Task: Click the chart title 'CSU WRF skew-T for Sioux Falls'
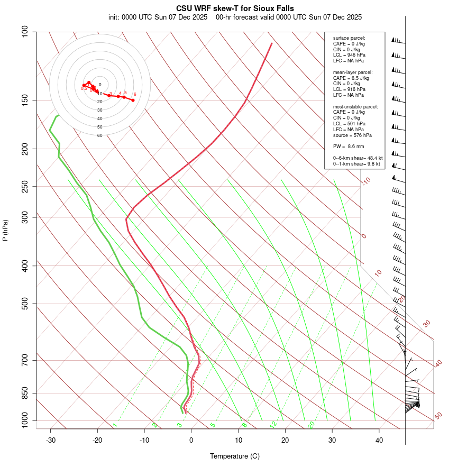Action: coord(235,8)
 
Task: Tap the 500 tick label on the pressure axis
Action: coord(25,304)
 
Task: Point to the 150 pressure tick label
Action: coord(25,100)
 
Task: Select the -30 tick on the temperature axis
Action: coord(51,440)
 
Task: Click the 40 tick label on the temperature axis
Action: coord(379,440)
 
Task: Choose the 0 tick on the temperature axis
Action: coord(191,440)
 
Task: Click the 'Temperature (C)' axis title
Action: coord(235,456)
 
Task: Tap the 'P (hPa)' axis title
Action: coord(5,230)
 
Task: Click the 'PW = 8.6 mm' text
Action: coord(349,146)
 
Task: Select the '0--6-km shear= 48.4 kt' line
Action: coord(358,158)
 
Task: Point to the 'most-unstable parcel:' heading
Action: coord(355,106)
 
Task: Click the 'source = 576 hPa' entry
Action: coord(351,135)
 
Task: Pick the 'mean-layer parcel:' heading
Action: coord(353,72)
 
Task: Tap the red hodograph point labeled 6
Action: coord(133,100)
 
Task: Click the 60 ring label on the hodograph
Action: coord(99,135)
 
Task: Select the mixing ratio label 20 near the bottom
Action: coord(311,424)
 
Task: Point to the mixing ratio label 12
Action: coord(273,424)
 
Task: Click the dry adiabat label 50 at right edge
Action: coord(438,416)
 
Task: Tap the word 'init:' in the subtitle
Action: coord(114,17)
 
